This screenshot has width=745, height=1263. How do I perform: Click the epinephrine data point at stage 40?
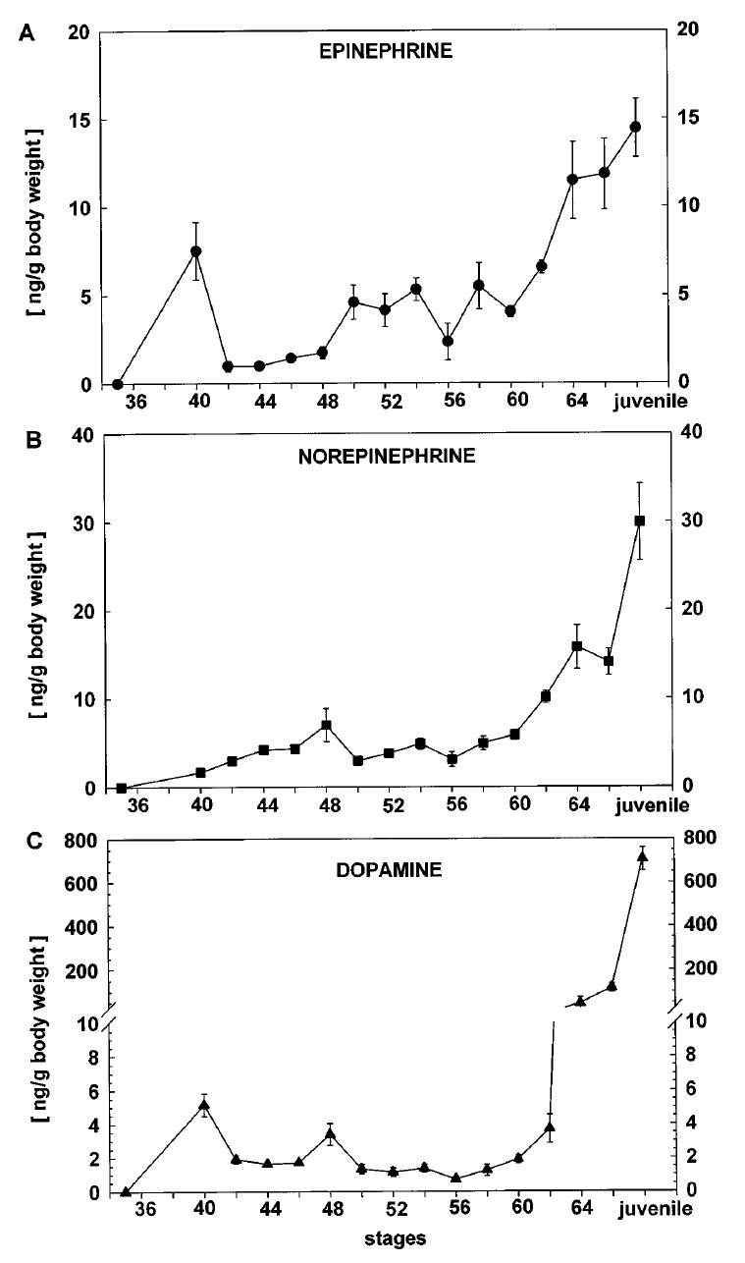pos(196,251)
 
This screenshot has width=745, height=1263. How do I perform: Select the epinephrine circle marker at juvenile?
pos(635,127)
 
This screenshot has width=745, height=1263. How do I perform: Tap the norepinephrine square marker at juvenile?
pos(639,521)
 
